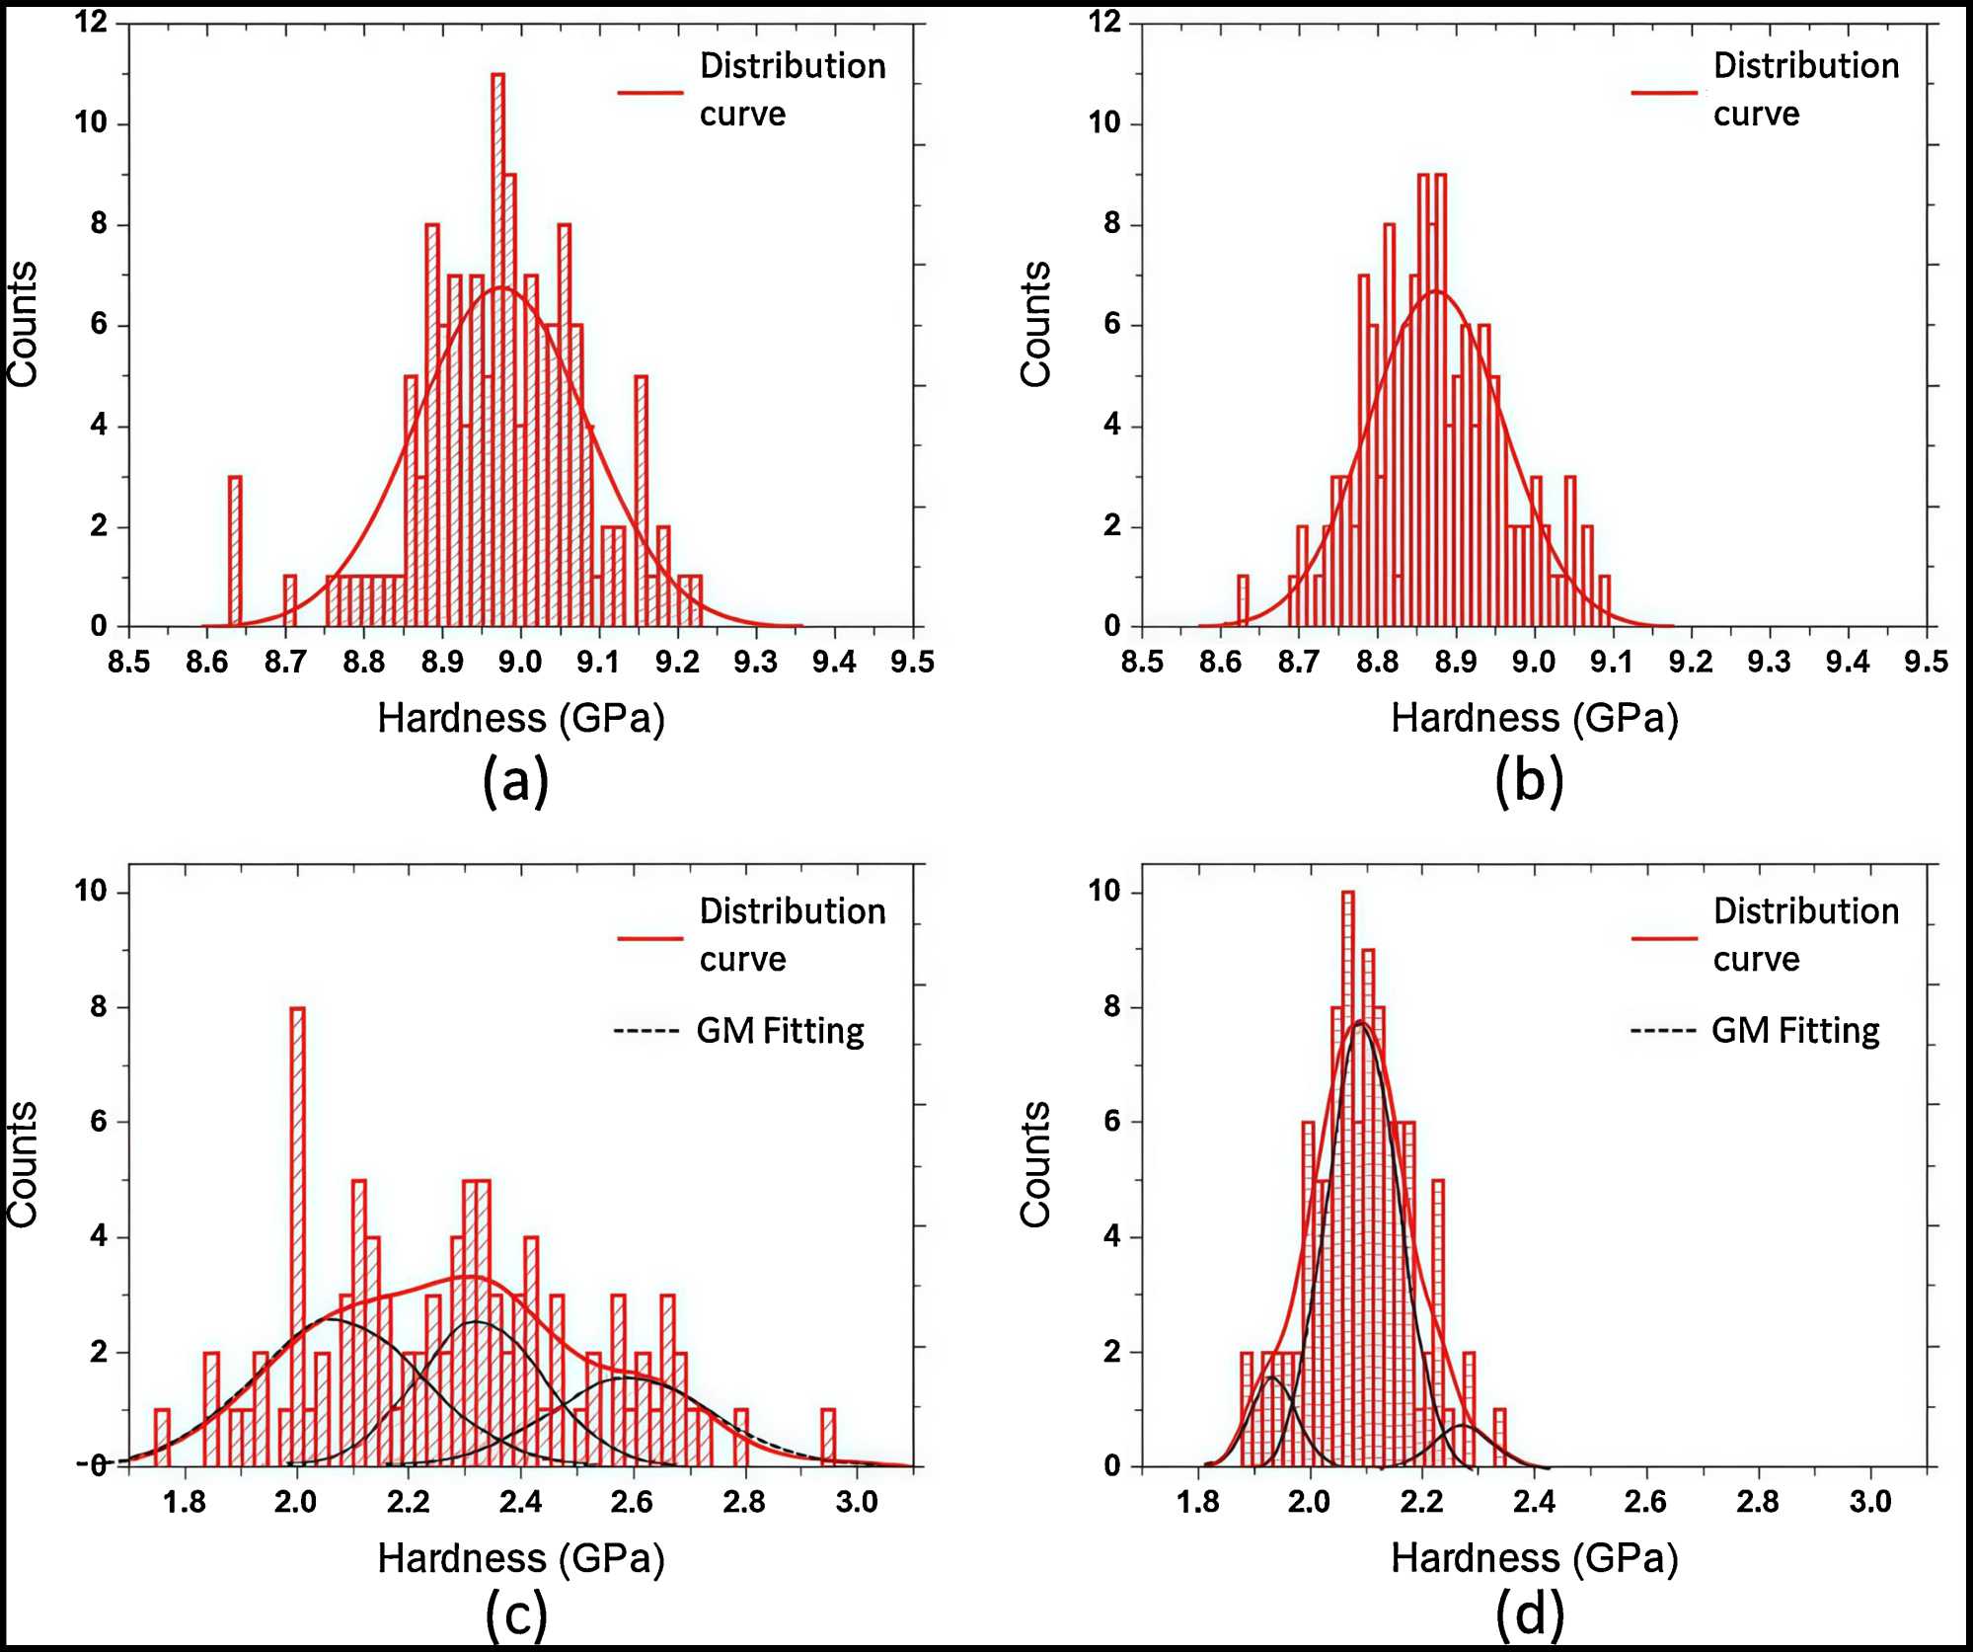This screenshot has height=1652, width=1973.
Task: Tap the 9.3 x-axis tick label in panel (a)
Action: click(755, 661)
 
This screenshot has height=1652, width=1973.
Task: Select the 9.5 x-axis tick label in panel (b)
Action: click(1926, 661)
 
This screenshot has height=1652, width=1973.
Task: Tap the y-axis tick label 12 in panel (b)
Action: click(1106, 21)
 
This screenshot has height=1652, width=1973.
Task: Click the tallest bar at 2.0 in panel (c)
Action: click(297, 1234)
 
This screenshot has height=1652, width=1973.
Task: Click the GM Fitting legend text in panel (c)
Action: click(780, 1031)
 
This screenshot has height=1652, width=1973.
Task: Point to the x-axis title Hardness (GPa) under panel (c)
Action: click(521, 1558)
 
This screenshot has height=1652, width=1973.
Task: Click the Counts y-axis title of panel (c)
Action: click(22, 1165)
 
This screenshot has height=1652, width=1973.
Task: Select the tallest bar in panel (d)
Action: click(1348, 1175)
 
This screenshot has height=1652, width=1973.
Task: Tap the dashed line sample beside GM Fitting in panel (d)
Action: click(1663, 1032)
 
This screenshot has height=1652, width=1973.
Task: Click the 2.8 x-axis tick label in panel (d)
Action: click(1758, 1502)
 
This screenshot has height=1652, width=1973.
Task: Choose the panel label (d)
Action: click(1529, 1615)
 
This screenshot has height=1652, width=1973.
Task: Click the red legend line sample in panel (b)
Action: click(1664, 93)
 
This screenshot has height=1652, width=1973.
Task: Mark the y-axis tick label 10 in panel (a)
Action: click(91, 122)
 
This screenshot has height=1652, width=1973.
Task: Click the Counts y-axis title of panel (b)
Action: click(1035, 324)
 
